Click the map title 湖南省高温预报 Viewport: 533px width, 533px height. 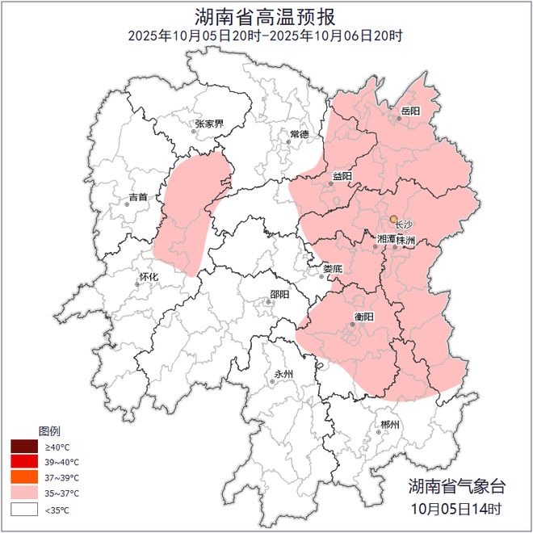pyautogui.click(x=266, y=16)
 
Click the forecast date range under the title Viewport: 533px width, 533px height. pyautogui.click(x=266, y=36)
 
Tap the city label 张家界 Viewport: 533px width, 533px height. pyautogui.click(x=208, y=124)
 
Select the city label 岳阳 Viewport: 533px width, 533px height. pyautogui.click(x=409, y=111)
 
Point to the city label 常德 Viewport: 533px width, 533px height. pyautogui.click(x=300, y=133)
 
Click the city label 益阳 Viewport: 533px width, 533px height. pyautogui.click(x=342, y=175)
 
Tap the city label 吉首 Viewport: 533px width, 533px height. pyautogui.click(x=138, y=196)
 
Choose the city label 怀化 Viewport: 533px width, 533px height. pyautogui.click(x=149, y=276)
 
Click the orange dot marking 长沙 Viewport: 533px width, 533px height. pyautogui.click(x=393, y=219)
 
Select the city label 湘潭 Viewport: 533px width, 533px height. pyautogui.click(x=386, y=240)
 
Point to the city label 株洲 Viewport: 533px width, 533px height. pyautogui.click(x=405, y=240)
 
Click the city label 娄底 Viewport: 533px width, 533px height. pyautogui.click(x=333, y=268)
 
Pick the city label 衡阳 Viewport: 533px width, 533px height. pyautogui.click(x=365, y=317)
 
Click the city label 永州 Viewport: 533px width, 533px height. pyautogui.click(x=283, y=374)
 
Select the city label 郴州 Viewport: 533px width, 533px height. pyautogui.click(x=390, y=425)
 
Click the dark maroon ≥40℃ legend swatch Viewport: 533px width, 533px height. pyautogui.click(x=23, y=446)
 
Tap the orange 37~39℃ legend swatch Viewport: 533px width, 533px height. pyautogui.click(x=23, y=477)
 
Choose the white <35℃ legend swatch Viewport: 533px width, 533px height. pyautogui.click(x=23, y=509)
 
